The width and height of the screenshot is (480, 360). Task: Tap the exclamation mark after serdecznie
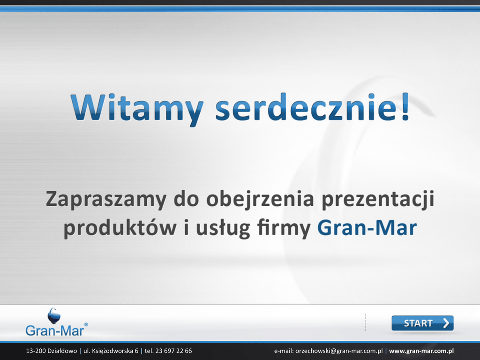pos(405,107)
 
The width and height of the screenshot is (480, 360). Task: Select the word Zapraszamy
pos(106,200)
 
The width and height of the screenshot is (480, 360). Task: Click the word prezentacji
pos(378,200)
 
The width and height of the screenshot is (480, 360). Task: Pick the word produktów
pos(120,228)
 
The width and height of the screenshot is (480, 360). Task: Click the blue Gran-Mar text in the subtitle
pos(367,228)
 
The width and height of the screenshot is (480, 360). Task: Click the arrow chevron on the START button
pos(446,323)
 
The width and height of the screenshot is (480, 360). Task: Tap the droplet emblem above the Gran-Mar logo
pos(54,315)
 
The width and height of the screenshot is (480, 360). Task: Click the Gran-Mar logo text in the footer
pos(54,330)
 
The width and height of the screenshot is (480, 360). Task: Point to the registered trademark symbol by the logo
pos(86,324)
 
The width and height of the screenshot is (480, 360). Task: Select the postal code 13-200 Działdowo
pos(52,351)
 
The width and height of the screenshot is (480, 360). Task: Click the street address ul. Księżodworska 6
pos(111,351)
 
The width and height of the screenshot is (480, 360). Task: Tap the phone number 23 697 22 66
pos(173,351)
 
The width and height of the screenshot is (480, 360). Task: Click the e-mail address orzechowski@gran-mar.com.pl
pos(339,351)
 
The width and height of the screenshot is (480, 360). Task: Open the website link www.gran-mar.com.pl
pos(421,351)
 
